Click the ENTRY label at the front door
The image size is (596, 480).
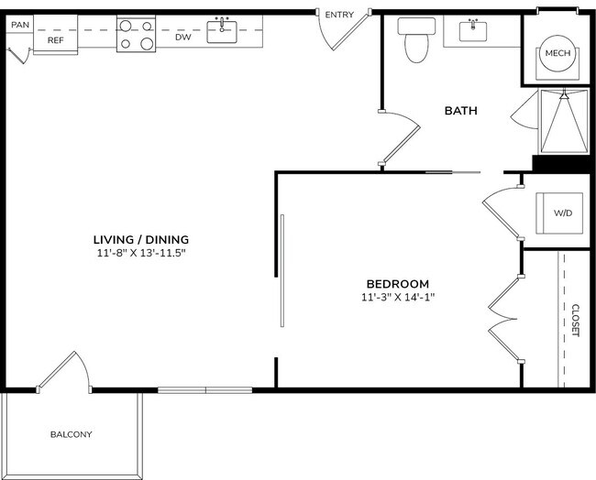click(x=339, y=15)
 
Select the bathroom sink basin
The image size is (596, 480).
click(x=474, y=31)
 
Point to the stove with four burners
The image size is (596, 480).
click(x=136, y=34)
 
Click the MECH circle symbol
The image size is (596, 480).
click(x=557, y=53)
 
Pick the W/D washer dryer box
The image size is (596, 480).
click(x=562, y=213)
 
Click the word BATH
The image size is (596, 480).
click(x=460, y=111)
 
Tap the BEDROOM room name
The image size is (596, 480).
click(x=397, y=284)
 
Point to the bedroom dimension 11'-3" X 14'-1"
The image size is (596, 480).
click(x=397, y=297)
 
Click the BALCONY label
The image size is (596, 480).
click(x=71, y=434)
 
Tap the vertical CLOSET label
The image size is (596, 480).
click(x=575, y=321)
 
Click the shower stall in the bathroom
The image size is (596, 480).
click(x=562, y=121)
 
